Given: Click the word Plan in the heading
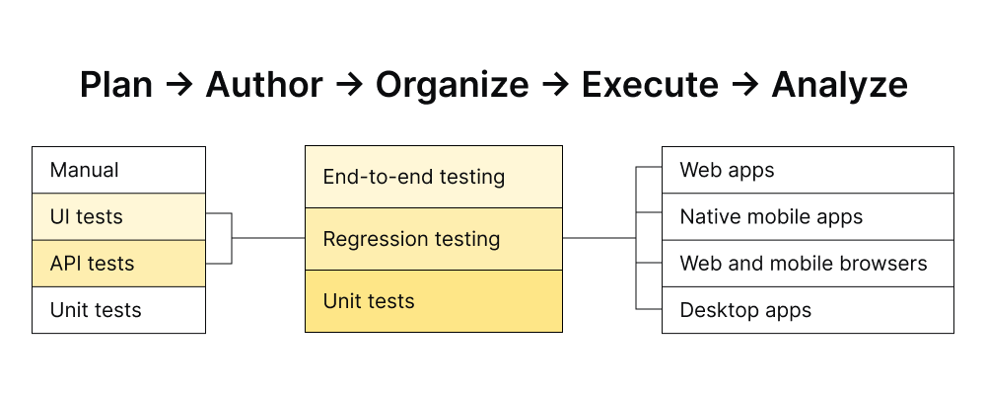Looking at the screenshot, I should (x=115, y=86).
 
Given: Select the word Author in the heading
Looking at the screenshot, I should (x=264, y=86).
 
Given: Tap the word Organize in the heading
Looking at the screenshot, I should (x=452, y=86).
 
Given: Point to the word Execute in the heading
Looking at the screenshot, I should (x=650, y=86).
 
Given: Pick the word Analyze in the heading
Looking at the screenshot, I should (x=839, y=86).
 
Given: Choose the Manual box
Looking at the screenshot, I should (x=118, y=170).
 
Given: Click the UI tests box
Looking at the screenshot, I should (x=118, y=216).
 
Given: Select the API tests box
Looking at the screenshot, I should (x=118, y=264).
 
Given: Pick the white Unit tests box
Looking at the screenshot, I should (x=118, y=310).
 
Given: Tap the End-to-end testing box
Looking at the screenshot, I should (x=434, y=177).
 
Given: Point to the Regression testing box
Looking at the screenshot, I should (x=434, y=239).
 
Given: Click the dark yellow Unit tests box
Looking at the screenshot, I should (x=434, y=301).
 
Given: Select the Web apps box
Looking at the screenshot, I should (x=808, y=170).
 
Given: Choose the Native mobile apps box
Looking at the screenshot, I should (x=808, y=216).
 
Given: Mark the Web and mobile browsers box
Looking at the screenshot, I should (x=808, y=264).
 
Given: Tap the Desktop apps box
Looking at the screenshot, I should (x=808, y=310).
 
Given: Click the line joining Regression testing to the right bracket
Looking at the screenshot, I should (x=599, y=238).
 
